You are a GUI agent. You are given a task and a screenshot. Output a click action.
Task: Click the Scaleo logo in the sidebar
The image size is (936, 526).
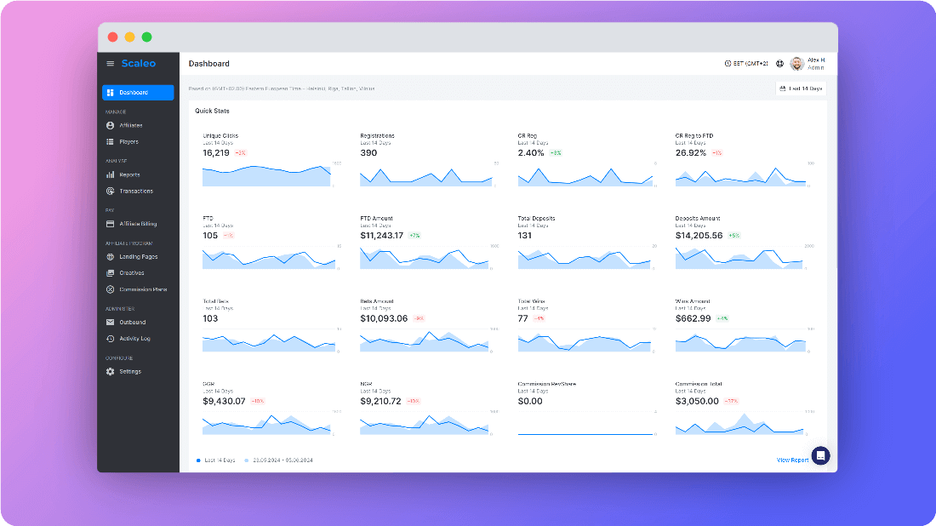139,63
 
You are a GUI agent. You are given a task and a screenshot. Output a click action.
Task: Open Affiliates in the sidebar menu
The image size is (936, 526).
130,125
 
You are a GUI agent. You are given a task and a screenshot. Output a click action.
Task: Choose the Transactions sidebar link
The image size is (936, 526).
135,191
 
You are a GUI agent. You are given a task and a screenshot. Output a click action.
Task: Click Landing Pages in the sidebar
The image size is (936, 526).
138,256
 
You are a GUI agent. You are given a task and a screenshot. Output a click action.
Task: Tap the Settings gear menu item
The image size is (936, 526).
129,371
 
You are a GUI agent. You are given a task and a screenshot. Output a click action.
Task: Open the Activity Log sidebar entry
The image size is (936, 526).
134,339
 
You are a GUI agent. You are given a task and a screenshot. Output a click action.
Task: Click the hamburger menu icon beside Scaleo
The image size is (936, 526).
110,64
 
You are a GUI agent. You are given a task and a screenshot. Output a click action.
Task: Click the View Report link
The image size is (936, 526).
792,460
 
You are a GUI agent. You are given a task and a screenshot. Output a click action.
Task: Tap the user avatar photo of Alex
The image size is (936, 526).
796,64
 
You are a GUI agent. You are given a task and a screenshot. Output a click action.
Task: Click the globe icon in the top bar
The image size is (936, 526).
779,64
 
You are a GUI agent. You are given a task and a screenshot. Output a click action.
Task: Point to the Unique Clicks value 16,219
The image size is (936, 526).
216,153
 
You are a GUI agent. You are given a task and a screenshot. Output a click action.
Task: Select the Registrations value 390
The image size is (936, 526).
368,153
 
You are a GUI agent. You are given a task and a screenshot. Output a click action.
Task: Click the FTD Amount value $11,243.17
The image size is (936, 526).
382,236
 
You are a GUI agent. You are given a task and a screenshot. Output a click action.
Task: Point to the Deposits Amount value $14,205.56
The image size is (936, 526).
699,236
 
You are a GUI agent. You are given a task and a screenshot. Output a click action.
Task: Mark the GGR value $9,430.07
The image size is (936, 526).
224,401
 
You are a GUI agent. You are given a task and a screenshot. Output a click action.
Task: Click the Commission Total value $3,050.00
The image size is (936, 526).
697,401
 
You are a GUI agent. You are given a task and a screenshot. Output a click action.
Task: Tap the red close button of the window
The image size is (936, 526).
112,37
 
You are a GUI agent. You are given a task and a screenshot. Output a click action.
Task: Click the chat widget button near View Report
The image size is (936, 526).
820,455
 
